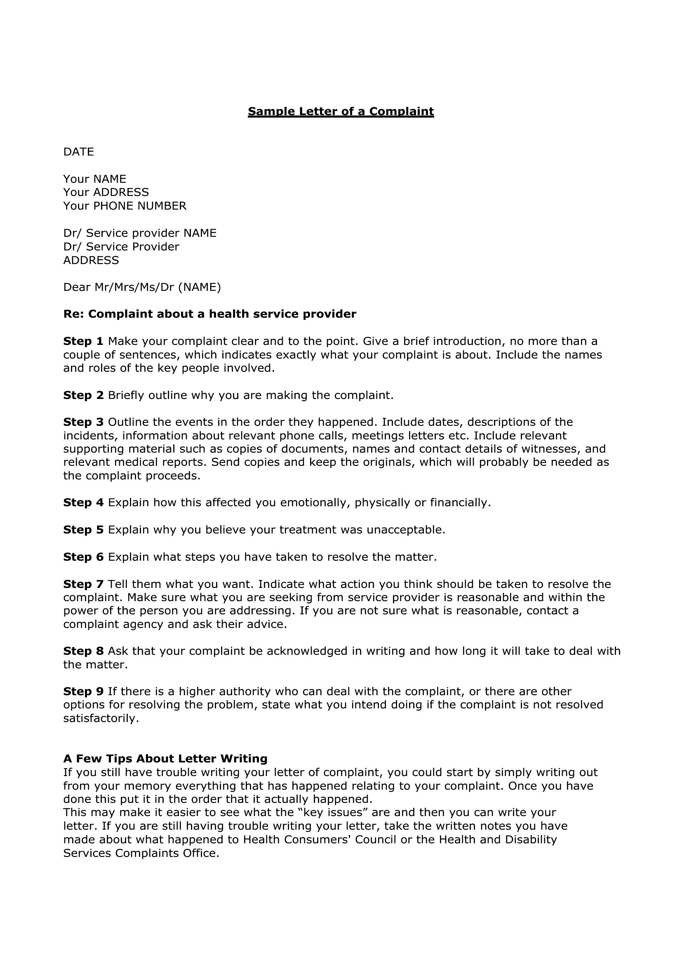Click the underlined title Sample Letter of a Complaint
(x=341, y=111)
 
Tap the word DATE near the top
(x=78, y=152)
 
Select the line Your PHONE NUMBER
(x=125, y=206)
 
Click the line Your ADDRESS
(x=106, y=192)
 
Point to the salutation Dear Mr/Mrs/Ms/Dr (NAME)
(x=142, y=287)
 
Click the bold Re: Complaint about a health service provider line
(x=209, y=314)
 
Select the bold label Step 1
(x=83, y=341)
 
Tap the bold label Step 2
(x=83, y=395)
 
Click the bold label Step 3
(x=83, y=422)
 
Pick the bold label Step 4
(x=83, y=503)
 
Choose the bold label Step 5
(x=83, y=530)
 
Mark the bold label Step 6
(x=83, y=557)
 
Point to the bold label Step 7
(x=83, y=584)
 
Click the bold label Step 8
(x=83, y=651)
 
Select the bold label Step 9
(x=83, y=691)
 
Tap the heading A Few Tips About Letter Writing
(x=165, y=759)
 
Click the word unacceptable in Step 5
(x=405, y=530)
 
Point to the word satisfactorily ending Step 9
(x=101, y=718)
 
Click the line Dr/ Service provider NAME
(x=140, y=233)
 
